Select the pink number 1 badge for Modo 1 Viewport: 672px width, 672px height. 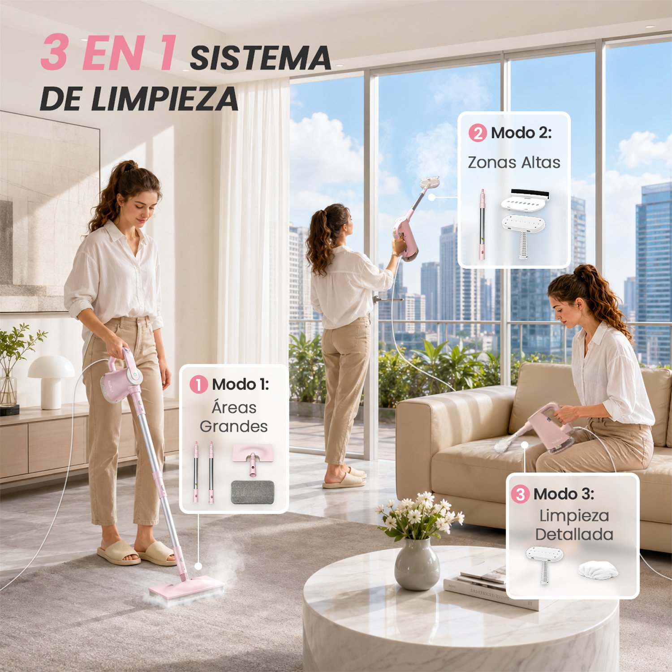pos(198,384)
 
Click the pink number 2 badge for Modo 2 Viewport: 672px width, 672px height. pos(478,133)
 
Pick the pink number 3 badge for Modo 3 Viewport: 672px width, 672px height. pos(520,494)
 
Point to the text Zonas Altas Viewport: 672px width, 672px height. pos(514,162)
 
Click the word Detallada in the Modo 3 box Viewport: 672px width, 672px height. pos(574,534)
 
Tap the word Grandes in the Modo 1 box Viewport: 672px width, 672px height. pos(233,426)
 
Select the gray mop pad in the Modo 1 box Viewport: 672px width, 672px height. pos(253,492)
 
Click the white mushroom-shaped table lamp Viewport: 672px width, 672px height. pos(51,381)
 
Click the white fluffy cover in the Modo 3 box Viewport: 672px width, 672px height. pos(598,570)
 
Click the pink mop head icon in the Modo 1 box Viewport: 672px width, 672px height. pos(253,458)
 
